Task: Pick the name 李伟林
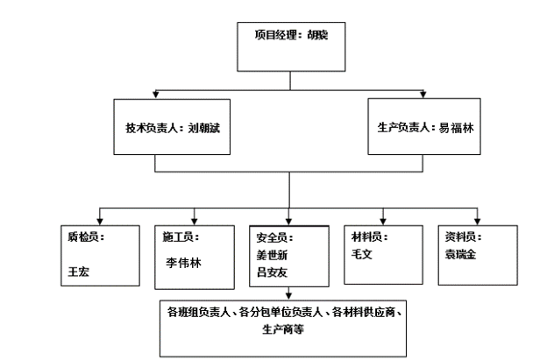183,261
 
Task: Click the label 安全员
268,236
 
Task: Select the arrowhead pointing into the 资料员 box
477,220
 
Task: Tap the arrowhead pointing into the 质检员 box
98,220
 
